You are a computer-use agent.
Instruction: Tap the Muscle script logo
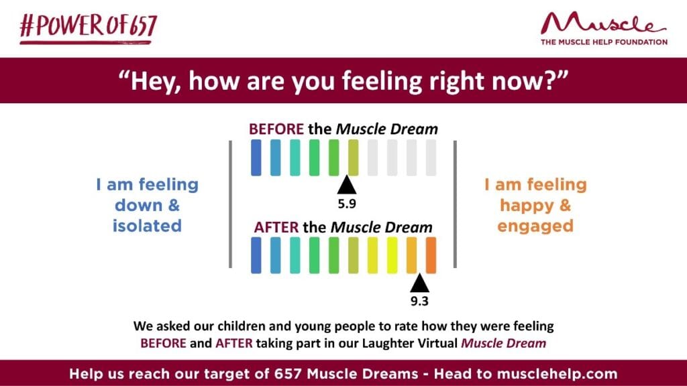603,23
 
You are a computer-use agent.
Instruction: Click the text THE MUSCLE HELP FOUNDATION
604,42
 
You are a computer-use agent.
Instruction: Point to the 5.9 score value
347,204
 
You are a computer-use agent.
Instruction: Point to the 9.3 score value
419,301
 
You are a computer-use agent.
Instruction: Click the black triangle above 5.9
347,184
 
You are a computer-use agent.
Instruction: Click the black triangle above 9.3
419,283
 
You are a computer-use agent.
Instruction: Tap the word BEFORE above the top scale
276,129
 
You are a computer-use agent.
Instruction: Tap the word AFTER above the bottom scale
276,228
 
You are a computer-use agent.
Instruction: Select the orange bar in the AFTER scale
431,255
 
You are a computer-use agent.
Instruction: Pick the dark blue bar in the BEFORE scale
256,157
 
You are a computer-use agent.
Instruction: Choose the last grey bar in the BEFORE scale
431,157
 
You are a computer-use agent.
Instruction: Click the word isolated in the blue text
147,226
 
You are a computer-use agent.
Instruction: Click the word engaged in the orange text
535,227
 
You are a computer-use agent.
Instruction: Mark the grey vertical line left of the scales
231,204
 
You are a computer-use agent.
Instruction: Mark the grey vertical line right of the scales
456,204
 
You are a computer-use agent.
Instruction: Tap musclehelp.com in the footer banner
557,374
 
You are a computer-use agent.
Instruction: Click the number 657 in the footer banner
288,374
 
